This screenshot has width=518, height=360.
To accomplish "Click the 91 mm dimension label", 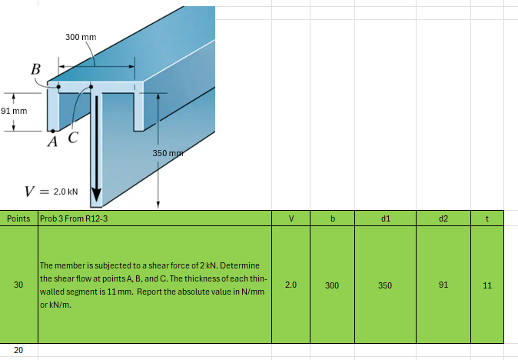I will point(14,111).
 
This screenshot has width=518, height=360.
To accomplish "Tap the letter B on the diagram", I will point(35,69).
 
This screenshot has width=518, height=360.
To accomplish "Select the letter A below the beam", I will point(52,142).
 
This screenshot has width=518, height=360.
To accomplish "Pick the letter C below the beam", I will point(73,138).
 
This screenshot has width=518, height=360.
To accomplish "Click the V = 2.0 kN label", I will point(52,192).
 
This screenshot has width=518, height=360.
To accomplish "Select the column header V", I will point(291,218).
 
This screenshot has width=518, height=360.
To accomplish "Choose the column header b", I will point(332,218).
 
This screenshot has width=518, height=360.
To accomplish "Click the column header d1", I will point(385,218).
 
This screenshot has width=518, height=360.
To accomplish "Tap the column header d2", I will point(443,218).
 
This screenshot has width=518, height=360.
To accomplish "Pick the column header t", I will point(487,218).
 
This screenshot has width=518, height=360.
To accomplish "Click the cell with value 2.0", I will point(291,285).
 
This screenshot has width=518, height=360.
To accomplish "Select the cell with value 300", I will point(332,285).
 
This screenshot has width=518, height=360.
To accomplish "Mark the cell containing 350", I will point(385,285).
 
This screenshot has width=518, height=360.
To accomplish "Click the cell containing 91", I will point(443,285).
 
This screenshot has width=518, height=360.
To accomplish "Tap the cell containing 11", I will point(487,285).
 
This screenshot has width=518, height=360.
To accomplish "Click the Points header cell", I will point(18,218).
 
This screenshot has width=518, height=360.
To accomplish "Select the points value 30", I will point(18,285).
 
